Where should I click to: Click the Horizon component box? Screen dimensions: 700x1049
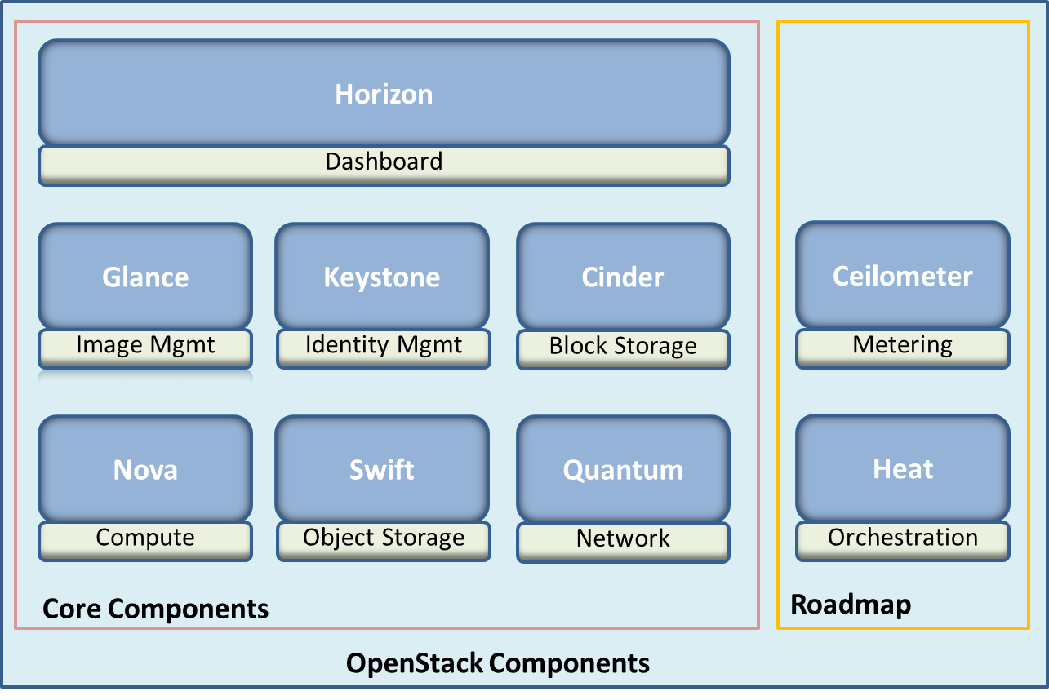384,94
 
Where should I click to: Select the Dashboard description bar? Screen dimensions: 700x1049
384,162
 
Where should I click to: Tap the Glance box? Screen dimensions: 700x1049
145,277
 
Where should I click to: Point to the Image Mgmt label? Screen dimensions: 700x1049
145,346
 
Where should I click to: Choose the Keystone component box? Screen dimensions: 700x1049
382,277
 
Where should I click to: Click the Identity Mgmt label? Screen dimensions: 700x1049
383,346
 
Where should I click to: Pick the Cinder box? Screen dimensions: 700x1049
623,277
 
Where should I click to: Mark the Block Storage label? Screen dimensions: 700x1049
623,347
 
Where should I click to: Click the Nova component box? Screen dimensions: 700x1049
145,469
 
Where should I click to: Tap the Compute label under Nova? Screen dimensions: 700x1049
145,538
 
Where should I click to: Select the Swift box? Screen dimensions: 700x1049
382,469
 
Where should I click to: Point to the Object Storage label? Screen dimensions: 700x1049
383,538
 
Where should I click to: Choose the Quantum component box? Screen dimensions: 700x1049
623,469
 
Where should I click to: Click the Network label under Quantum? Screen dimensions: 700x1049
623,539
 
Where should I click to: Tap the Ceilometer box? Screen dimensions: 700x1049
903,276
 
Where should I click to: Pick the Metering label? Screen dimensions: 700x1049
903,346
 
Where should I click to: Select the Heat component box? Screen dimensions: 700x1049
903,468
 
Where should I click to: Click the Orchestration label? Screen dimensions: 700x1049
903,538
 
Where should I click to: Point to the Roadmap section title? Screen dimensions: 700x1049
851,605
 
